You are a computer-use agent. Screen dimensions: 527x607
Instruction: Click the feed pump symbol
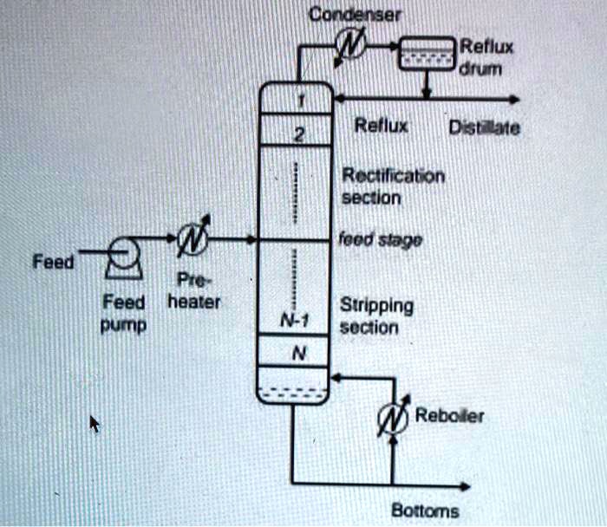[x=122, y=252]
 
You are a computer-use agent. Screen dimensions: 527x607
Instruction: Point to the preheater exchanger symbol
[x=192, y=237]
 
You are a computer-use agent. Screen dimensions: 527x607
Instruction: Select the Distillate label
[x=482, y=129]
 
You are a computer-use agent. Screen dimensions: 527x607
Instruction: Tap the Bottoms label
[x=425, y=511]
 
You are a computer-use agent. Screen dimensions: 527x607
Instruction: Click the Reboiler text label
[x=450, y=416]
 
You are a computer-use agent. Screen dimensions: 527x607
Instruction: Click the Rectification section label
[x=393, y=186]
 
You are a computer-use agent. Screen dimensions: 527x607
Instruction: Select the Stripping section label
[x=376, y=316]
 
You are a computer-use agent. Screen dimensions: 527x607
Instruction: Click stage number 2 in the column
[x=295, y=133]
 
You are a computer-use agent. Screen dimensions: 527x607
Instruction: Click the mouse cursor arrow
[x=95, y=424]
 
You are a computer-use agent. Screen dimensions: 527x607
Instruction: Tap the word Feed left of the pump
[x=48, y=262]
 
